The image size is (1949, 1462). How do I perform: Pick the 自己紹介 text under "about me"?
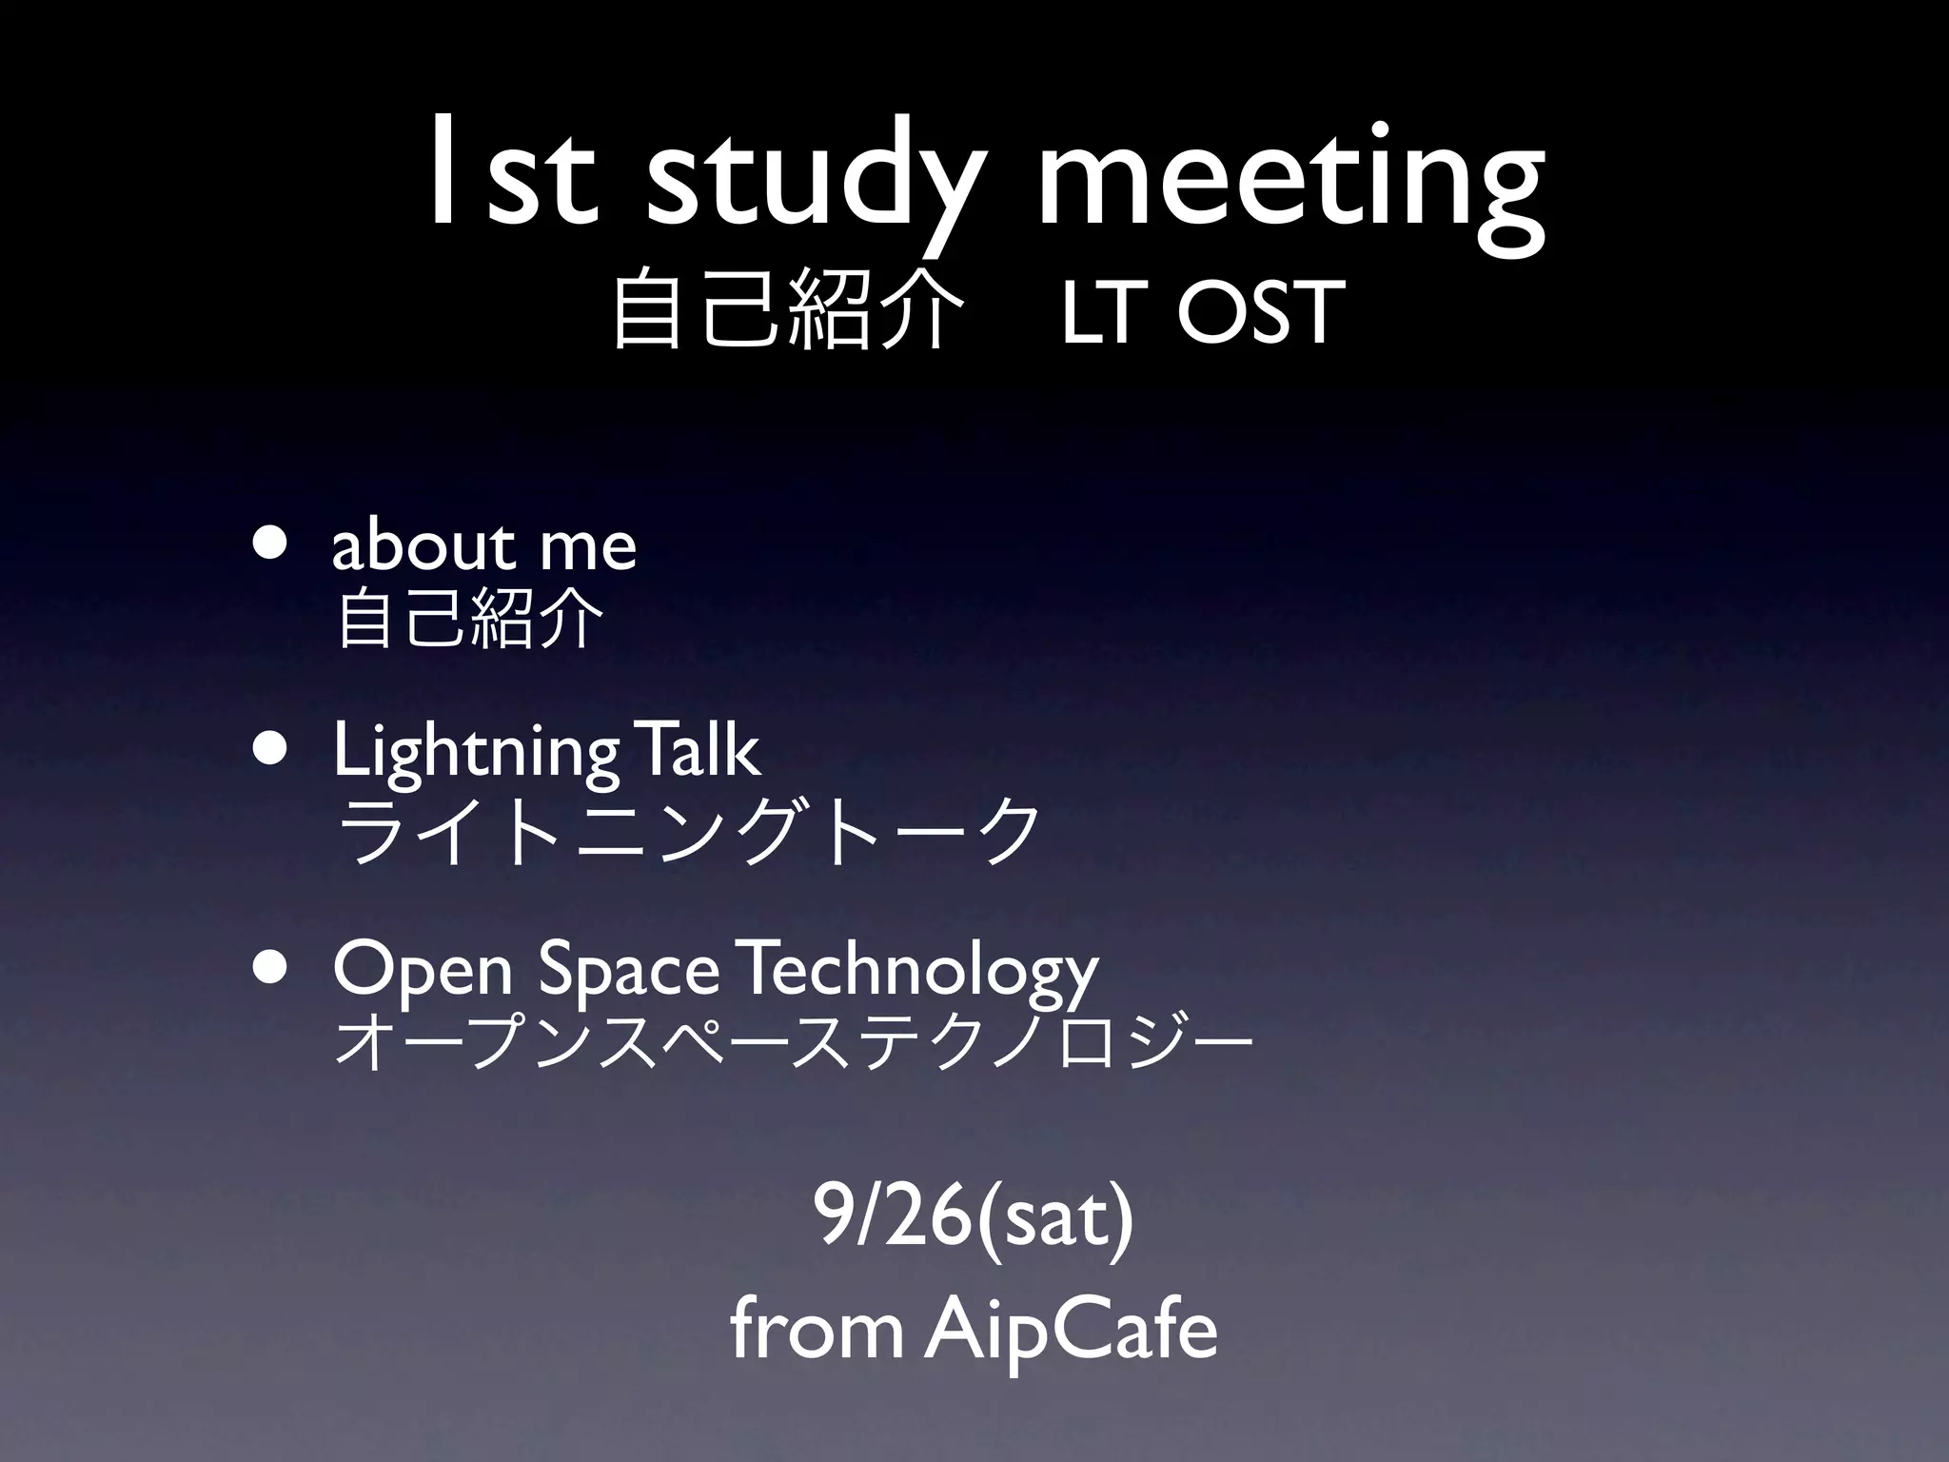pos(470,619)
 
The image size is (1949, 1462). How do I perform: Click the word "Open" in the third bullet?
pos(423,971)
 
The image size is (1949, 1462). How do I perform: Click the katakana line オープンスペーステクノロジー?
pos(794,1045)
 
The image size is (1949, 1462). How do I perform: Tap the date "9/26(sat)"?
pos(973,1219)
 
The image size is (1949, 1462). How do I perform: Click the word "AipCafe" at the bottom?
pos(1071,1332)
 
